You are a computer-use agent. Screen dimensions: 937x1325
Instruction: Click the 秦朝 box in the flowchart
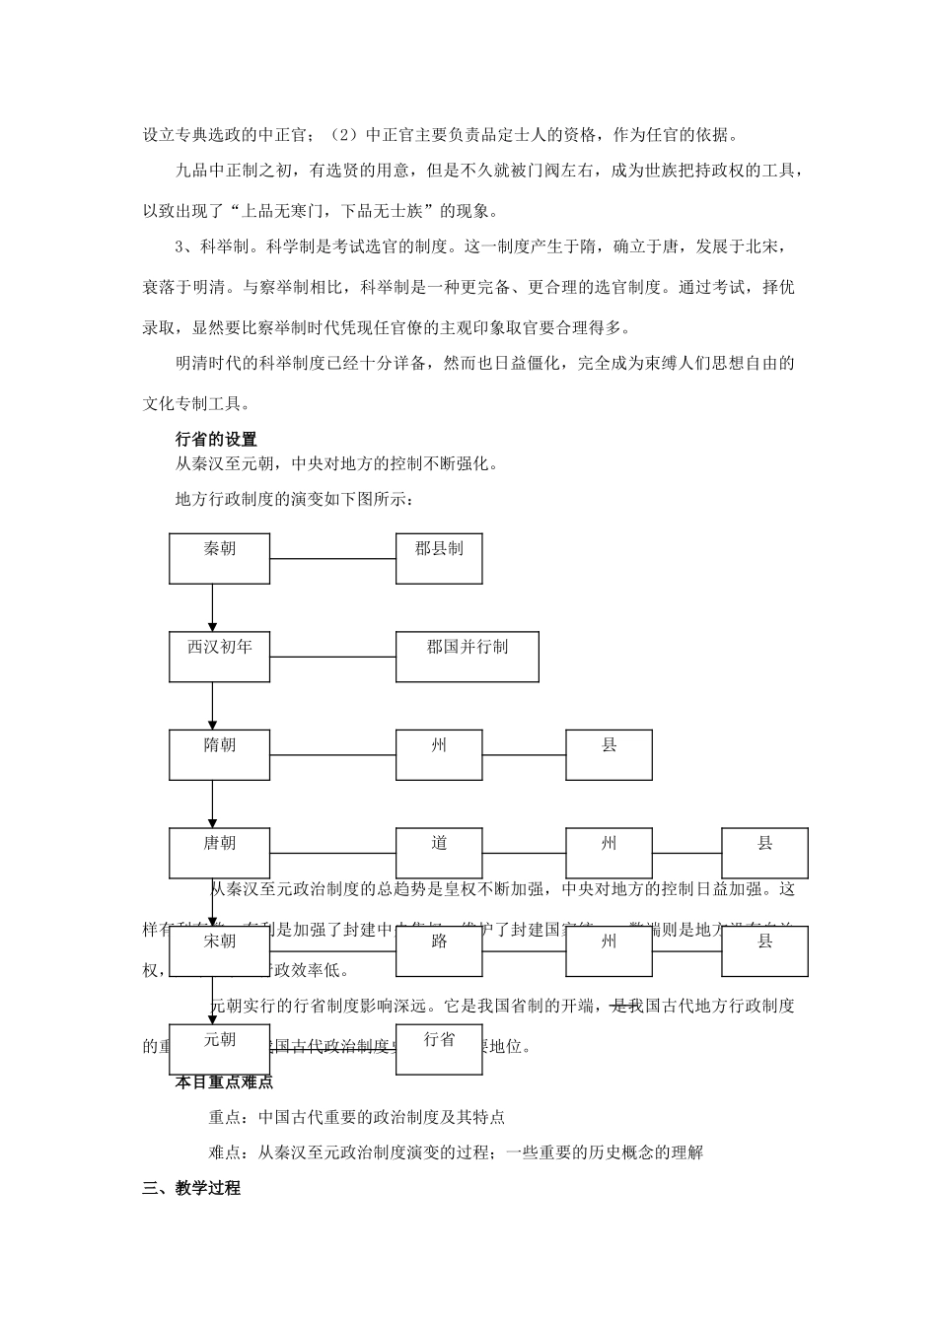click(x=219, y=558)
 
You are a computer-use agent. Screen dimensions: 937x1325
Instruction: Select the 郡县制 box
click(x=439, y=558)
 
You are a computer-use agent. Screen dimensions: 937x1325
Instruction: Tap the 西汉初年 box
click(x=219, y=657)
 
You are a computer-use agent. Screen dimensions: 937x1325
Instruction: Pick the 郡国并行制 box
click(x=467, y=657)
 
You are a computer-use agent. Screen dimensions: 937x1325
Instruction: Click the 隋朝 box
click(x=219, y=755)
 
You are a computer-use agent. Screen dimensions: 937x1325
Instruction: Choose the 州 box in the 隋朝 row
click(x=439, y=755)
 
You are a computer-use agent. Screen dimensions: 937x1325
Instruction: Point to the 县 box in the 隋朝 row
click(x=609, y=755)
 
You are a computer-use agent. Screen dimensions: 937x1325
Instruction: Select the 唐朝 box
click(x=219, y=853)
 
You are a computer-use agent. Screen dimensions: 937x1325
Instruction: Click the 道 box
click(x=439, y=853)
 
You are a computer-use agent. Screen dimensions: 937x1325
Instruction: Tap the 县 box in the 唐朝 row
click(x=764, y=853)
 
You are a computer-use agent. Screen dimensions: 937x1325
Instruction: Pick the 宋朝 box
click(x=219, y=950)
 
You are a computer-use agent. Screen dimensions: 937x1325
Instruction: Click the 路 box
click(x=439, y=950)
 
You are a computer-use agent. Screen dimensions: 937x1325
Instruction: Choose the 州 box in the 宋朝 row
click(x=609, y=950)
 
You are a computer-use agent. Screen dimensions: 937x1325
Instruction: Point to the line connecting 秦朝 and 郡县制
click(x=332, y=559)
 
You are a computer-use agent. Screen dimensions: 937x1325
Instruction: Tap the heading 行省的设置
click(x=216, y=440)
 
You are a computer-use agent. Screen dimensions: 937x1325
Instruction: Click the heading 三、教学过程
click(x=191, y=1188)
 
